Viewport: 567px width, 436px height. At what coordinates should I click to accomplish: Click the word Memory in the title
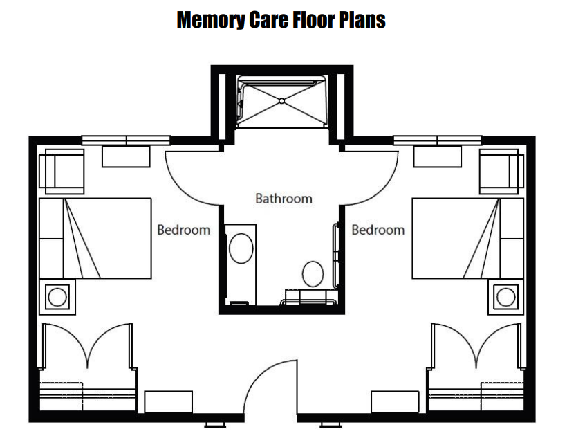pos(211,20)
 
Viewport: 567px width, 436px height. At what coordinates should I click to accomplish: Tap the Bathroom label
pos(284,199)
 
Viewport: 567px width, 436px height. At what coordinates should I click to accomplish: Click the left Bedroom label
pos(184,230)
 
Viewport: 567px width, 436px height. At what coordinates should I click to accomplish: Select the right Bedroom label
pos(378,230)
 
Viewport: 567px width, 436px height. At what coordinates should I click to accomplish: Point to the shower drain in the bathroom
pos(281,101)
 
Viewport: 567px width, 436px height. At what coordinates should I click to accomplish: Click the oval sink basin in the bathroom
pos(241,248)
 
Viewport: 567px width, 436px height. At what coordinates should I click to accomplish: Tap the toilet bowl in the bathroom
pos(313,274)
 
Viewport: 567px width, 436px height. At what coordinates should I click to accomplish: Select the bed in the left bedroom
pos(95,238)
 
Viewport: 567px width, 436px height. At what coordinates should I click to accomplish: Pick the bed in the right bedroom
pos(468,238)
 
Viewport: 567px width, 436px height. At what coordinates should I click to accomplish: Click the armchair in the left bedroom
pos(62,172)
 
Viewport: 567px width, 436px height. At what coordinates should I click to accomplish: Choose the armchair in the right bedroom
pos(501,172)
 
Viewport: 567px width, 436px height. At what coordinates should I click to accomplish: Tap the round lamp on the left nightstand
pos(57,297)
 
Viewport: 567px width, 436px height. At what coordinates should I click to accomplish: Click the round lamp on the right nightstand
pos(506,297)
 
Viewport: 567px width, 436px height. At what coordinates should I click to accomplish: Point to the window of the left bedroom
pos(126,140)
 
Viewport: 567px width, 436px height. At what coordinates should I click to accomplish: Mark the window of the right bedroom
pos(437,140)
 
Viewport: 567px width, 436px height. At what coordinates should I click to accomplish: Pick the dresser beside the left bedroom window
pos(126,156)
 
